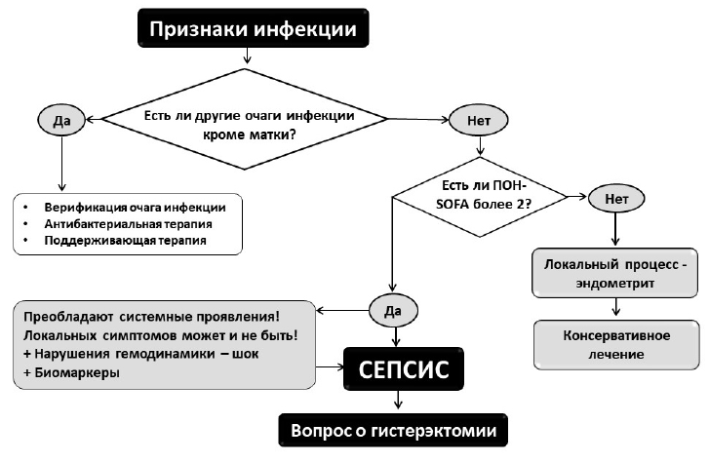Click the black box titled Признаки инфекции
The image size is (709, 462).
254,27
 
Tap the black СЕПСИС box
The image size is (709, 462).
404,368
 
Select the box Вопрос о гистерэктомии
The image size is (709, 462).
393,430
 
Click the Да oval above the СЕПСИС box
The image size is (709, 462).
393,311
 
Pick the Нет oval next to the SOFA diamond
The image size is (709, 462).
616,199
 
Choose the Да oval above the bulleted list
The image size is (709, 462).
61,120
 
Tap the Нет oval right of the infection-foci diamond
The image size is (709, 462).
479,120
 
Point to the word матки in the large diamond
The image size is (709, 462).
267,135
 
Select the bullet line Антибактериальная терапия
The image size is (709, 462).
128,224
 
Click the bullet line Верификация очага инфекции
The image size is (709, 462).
135,208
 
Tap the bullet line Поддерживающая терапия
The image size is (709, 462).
125,240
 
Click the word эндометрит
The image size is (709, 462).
615,284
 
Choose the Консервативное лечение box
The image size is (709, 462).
616,345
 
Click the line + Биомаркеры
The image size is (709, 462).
71,372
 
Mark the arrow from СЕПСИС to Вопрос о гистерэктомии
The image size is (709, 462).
398,400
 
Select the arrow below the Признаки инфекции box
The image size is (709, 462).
246,56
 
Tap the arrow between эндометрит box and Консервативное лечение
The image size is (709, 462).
615,306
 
